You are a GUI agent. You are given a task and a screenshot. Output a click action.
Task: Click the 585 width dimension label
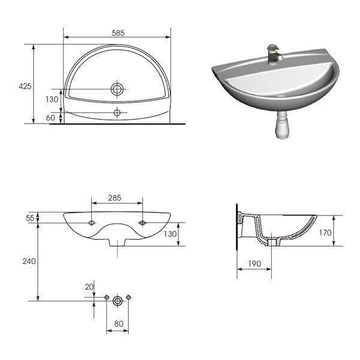pyautogui.click(x=118, y=33)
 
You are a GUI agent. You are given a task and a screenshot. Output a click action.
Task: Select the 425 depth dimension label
pyautogui.click(x=25, y=86)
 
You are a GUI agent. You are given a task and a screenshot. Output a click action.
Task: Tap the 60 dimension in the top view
pyautogui.click(x=50, y=118)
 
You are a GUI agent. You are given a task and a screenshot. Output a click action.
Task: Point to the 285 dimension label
pyautogui.click(x=115, y=198)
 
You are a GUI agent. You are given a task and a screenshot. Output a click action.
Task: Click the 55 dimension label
pyautogui.click(x=30, y=218)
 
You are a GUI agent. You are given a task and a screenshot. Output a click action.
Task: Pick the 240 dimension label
pyautogui.click(x=29, y=261)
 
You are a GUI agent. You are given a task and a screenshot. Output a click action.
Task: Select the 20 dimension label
pyautogui.click(x=89, y=287)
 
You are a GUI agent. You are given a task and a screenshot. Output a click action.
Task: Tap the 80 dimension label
pyautogui.click(x=119, y=324)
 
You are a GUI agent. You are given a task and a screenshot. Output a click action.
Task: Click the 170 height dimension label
pyautogui.click(x=325, y=233)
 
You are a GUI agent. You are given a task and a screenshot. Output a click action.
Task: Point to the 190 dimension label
pyautogui.click(x=254, y=264)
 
